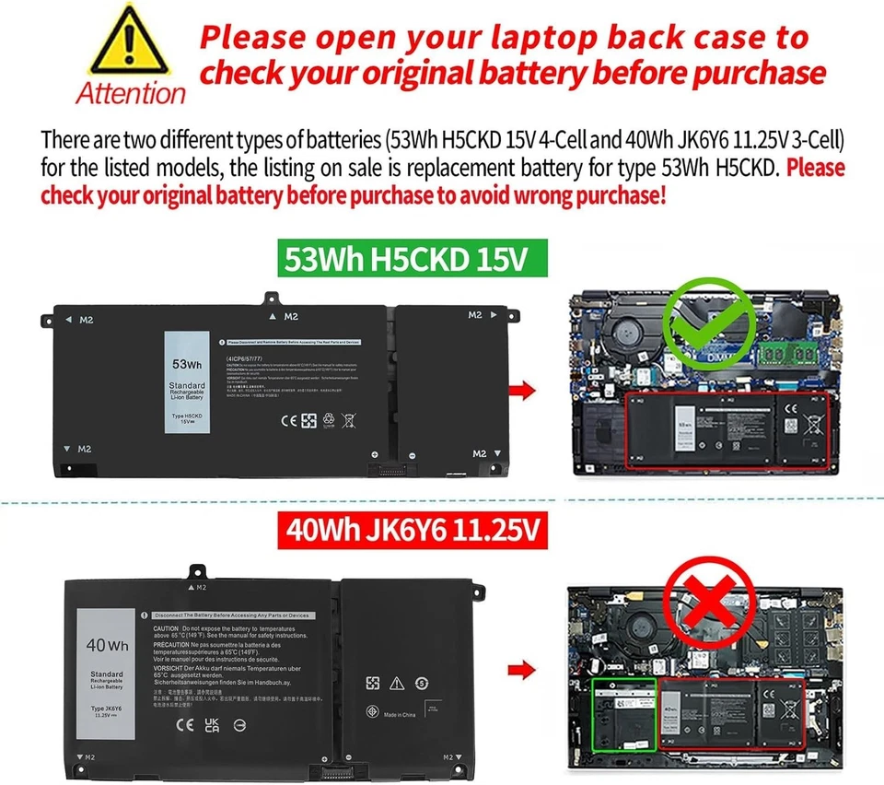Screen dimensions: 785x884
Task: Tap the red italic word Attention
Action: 131,93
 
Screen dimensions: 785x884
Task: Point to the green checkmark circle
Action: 706,322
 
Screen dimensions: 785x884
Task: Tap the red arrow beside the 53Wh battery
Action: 523,391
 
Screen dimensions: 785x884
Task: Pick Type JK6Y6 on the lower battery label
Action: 107,709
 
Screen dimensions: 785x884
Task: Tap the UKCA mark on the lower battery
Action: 212,724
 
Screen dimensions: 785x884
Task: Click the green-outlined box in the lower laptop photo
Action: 623,713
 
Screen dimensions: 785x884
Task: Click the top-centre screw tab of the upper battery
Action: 272,299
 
